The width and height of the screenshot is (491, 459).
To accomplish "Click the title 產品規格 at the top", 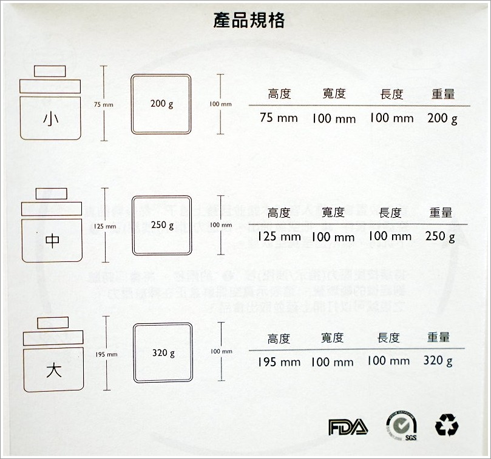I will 249,21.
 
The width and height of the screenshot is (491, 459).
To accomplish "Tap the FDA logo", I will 348,426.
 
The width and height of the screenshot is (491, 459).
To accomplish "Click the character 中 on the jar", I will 53,241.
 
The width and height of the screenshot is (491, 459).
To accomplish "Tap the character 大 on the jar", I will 53,367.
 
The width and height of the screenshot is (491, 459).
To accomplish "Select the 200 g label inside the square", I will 161,104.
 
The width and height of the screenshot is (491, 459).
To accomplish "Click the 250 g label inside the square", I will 161,226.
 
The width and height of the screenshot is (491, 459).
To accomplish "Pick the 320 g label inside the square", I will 163,352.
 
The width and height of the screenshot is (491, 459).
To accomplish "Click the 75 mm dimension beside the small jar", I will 104,105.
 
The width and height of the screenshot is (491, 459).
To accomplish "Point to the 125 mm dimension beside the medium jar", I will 105,226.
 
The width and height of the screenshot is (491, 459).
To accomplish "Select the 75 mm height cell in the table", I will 279,118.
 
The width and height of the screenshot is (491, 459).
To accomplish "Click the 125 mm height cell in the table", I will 279,236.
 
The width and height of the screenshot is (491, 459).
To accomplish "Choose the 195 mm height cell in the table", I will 279,362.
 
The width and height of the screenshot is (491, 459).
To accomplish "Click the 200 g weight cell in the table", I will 442,118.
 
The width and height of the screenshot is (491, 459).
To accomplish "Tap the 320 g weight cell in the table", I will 438,361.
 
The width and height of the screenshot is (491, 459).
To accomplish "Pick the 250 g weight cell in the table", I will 440,236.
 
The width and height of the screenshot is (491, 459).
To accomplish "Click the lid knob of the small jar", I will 49,71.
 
